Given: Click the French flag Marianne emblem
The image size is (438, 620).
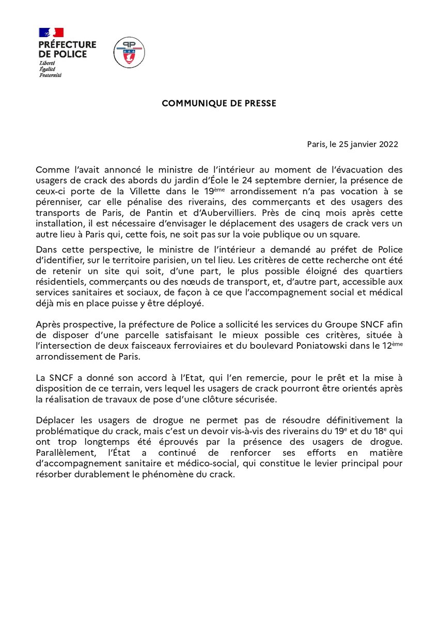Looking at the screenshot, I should pyautogui.click(x=51, y=33).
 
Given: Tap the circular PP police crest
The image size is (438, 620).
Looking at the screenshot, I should pyautogui.click(x=129, y=52).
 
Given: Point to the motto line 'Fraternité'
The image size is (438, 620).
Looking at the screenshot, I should pyautogui.click(x=51, y=75).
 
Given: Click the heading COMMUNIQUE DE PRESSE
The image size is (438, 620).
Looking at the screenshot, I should pyautogui.click(x=219, y=103).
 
